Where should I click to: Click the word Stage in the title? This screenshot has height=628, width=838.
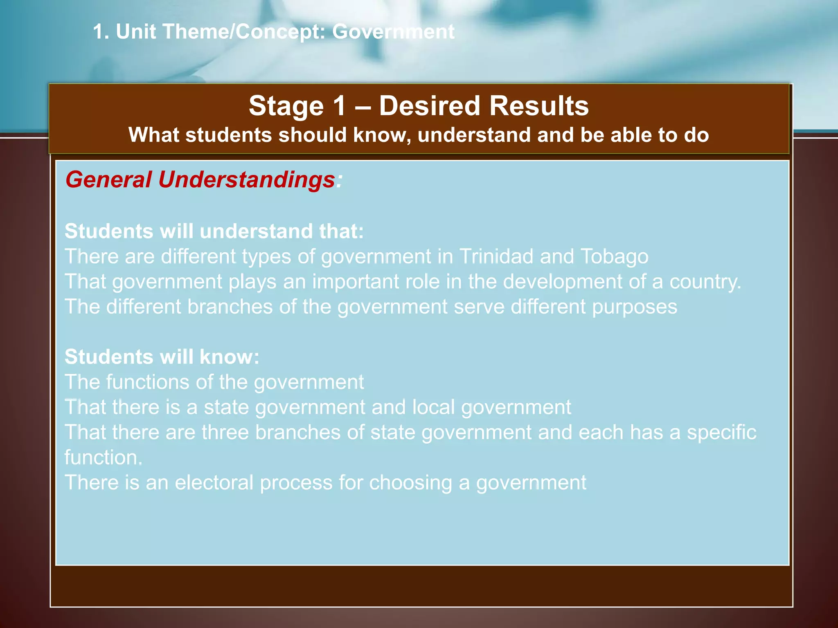pos(286,106)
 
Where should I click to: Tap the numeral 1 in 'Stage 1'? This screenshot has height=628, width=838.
pos(340,106)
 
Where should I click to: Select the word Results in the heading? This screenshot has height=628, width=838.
pos(539,106)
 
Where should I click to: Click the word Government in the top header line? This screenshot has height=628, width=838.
pos(393,31)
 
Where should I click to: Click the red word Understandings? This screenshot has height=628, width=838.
pos(247,179)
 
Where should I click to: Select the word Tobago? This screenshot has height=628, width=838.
pos(614,256)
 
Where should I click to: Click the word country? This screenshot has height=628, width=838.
pos(705,282)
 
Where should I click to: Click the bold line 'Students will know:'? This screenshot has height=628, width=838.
pos(162,357)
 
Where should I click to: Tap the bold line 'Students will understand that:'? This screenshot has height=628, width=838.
pos(214,231)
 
